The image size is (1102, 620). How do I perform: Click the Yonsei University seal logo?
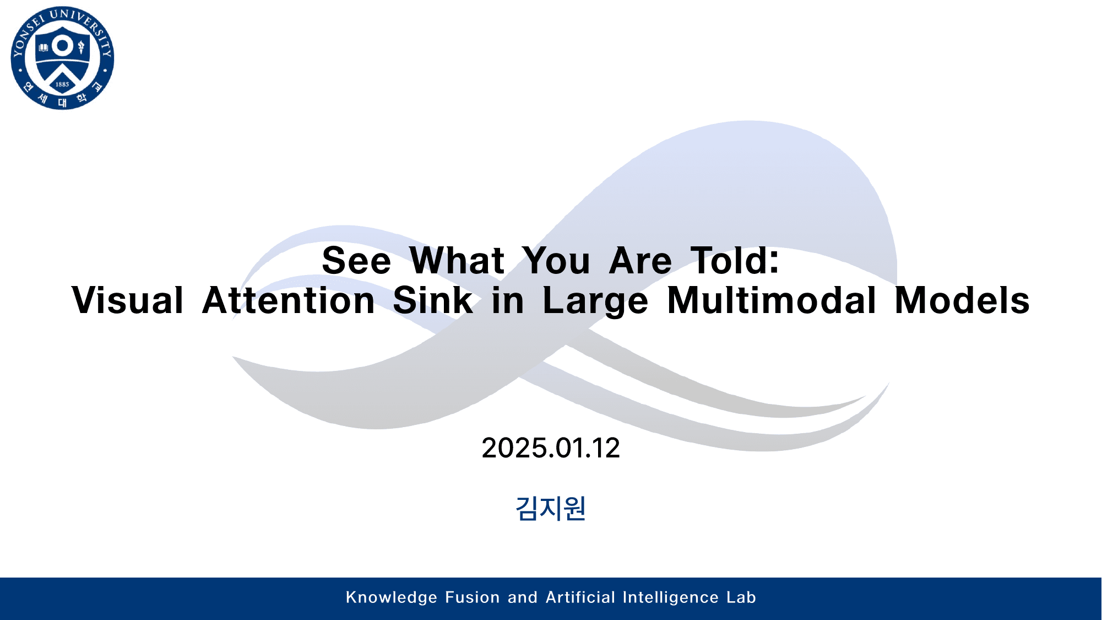pos(62,58)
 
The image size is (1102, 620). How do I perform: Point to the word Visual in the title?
pos(127,300)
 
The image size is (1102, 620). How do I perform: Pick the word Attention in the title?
pos(289,300)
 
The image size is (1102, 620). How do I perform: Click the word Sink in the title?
pos(433,300)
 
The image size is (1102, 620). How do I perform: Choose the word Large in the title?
pos(595,301)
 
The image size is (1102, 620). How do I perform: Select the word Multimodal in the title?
pos(772,300)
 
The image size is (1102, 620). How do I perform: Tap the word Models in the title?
pos(962,300)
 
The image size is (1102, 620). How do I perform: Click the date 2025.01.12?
pos(551,448)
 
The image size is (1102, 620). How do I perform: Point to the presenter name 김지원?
pos(551,508)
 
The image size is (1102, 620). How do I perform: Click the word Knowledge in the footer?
pos(392,597)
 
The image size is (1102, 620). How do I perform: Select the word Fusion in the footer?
pos(472,597)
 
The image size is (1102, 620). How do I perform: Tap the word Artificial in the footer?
pos(580,597)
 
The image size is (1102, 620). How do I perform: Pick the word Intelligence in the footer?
pos(671,597)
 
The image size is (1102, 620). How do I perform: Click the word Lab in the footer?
pos(741,597)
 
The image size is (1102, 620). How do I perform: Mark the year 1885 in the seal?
pos(62,84)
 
